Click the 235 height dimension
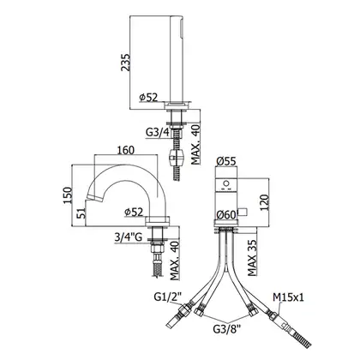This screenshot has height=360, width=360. [x=125, y=63]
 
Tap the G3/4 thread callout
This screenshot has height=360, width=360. [x=158, y=132]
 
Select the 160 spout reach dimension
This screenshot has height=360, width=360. [x=126, y=150]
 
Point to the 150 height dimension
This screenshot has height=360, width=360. [x=68, y=195]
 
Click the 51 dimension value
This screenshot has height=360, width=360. [x=81, y=213]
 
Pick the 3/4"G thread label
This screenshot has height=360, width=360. [x=129, y=237]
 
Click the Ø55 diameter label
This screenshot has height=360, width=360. [x=226, y=161]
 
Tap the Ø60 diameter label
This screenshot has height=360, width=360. [x=225, y=214]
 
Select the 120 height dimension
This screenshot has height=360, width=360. [x=264, y=202]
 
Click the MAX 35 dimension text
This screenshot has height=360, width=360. [x=252, y=258]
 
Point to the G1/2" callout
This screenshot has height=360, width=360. [x=168, y=297]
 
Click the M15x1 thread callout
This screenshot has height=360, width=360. [x=288, y=297]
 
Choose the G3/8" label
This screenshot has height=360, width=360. [x=227, y=329]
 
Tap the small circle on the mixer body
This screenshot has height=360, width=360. [x=226, y=183]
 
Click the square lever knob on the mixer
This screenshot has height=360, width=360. [x=243, y=212]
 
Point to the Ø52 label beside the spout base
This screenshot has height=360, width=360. [x=134, y=212]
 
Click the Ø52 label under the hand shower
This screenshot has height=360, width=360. [x=148, y=98]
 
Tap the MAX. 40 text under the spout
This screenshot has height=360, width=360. [x=175, y=261]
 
